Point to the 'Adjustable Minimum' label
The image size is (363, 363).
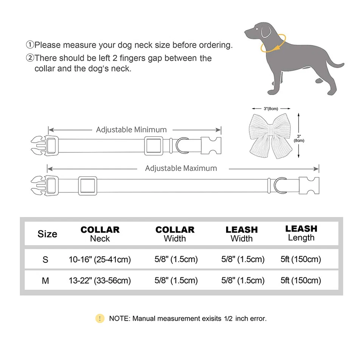click(131, 130)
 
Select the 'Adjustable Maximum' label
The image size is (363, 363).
click(181, 168)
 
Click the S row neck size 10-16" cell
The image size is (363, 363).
click(100, 259)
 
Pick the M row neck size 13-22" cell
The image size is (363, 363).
click(100, 281)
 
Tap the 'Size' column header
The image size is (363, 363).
click(47, 234)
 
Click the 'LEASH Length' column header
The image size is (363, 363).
click(301, 233)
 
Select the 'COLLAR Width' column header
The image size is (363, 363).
click(175, 234)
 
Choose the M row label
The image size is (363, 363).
click(46, 281)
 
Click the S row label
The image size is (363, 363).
click(46, 259)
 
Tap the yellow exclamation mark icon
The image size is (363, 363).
click(99, 318)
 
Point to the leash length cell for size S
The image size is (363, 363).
click(301, 259)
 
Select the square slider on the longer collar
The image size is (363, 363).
click(88, 186)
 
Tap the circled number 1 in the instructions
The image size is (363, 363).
click(30, 45)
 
